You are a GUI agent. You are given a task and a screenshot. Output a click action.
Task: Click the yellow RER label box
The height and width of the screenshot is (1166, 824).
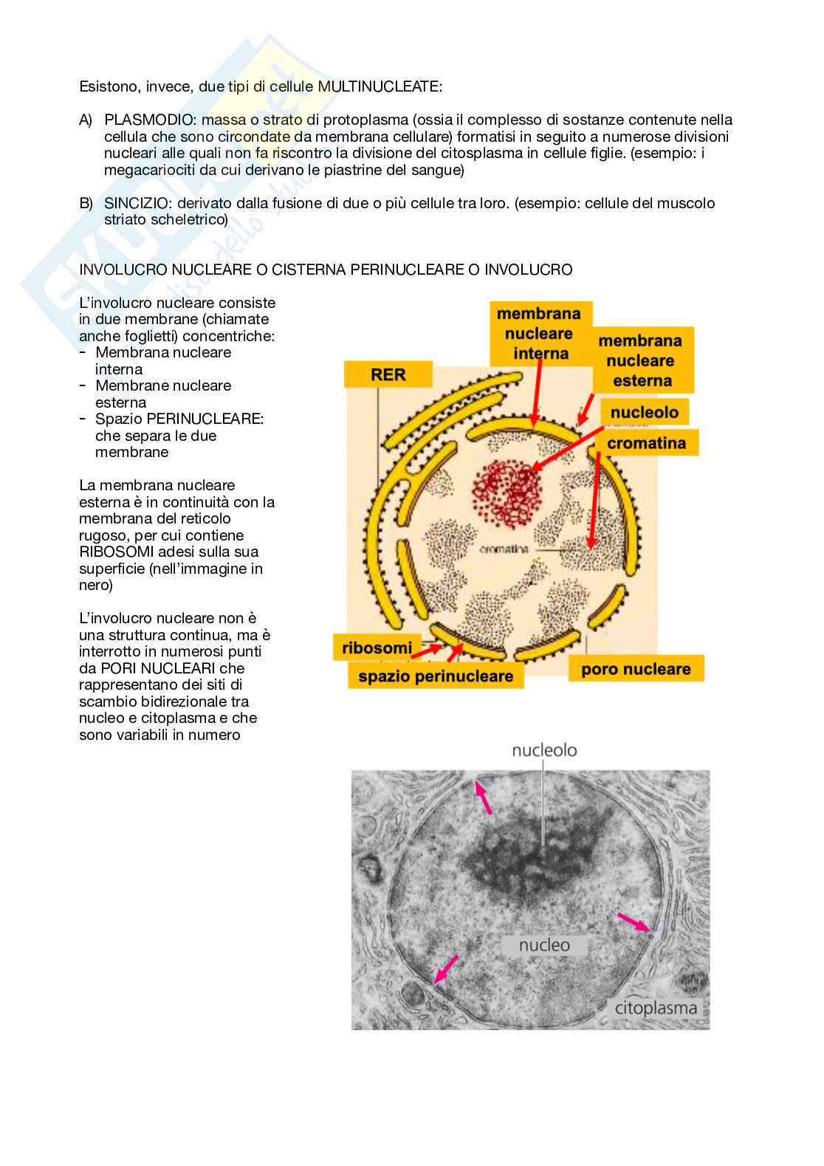[x=388, y=374]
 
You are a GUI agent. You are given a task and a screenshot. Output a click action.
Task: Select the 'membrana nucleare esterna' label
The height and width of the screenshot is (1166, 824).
[x=639, y=361]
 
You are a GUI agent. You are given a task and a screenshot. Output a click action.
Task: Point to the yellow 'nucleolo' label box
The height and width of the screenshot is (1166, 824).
[x=644, y=412]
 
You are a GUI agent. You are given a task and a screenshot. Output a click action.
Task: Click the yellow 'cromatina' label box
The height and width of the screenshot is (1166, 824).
[x=646, y=443]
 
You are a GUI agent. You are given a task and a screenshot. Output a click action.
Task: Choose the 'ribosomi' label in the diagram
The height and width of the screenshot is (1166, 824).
[x=377, y=648]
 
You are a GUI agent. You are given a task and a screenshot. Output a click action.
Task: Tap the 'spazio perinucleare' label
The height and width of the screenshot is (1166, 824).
[x=435, y=676]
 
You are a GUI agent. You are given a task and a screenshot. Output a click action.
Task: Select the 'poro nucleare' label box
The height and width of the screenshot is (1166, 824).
[x=635, y=669]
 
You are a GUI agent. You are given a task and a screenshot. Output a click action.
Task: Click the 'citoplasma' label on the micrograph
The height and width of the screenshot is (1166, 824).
[x=656, y=1008]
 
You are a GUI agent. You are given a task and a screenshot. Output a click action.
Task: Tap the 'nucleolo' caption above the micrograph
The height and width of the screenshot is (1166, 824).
[x=545, y=751]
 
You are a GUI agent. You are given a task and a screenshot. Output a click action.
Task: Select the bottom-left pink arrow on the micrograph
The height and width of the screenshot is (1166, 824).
[x=445, y=969]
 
